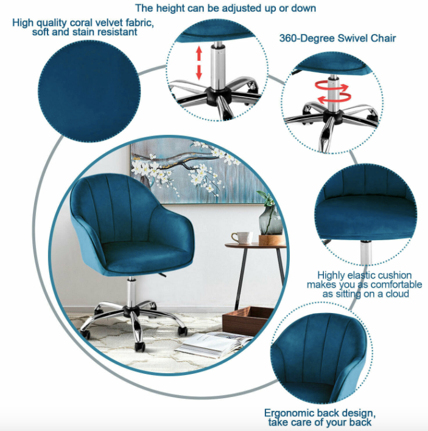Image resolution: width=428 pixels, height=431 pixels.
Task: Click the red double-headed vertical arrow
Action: coord(198,64)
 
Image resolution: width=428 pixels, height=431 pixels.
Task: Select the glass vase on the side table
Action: coord(270,220)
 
